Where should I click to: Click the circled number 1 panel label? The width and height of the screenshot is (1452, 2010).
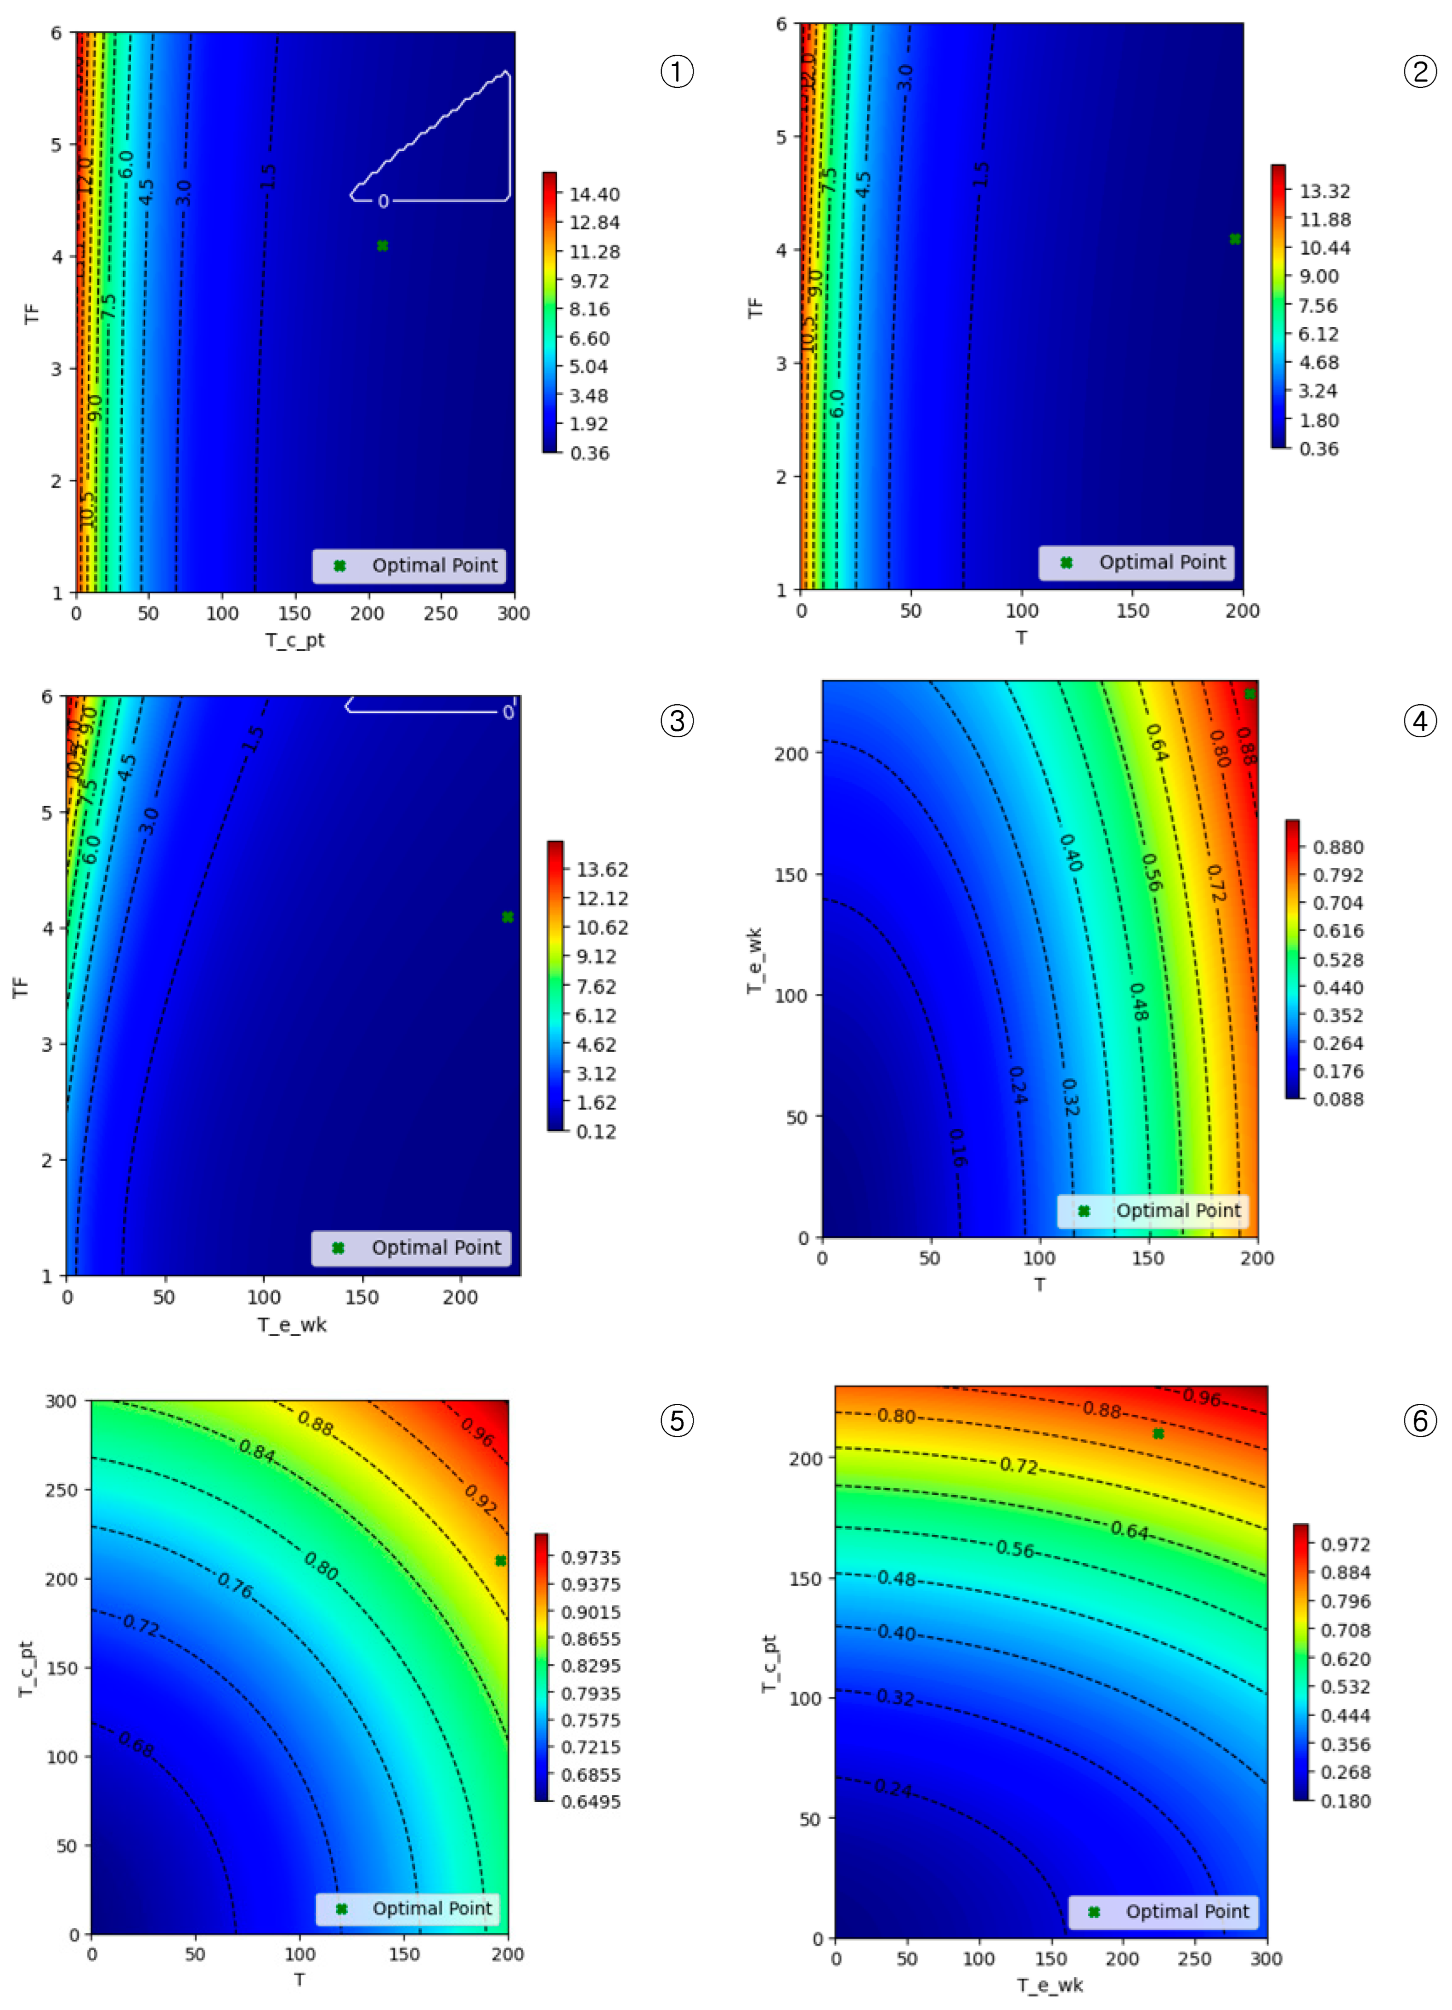[677, 71]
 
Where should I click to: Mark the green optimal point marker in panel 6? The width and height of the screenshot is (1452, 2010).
[1158, 1433]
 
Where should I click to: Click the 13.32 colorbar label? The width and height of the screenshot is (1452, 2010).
[1324, 191]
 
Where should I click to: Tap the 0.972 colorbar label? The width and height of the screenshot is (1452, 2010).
[1345, 1544]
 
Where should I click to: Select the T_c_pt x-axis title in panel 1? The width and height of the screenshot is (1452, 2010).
[295, 640]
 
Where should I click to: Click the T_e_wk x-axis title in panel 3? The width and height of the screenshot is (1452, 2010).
[292, 1324]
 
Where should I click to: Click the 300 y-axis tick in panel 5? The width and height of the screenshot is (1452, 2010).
[61, 1401]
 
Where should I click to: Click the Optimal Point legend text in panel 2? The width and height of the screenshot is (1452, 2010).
[1162, 562]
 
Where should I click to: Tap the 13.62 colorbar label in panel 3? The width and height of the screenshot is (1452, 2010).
[602, 869]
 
